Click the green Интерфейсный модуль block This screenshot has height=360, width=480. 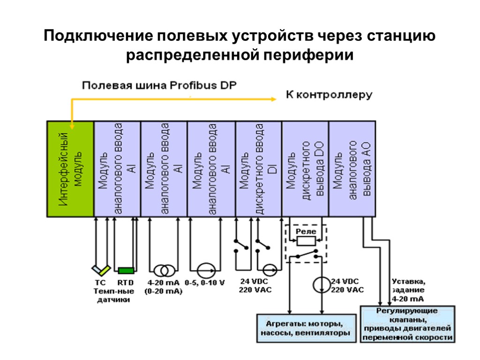coord(70,169)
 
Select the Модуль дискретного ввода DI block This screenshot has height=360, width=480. coord(258,169)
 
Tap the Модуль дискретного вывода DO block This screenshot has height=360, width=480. coord(305,169)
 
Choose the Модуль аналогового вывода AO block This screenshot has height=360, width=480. coord(352,169)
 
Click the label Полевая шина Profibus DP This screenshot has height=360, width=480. coord(160,85)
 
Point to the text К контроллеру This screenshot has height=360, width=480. coord(329,95)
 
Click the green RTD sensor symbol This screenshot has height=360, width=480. coord(126,270)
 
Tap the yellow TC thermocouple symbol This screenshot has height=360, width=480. coord(101,270)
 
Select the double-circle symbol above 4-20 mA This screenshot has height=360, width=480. coord(163,270)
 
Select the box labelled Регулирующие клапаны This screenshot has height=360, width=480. coord(407,324)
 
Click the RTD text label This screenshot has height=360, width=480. coord(125,283)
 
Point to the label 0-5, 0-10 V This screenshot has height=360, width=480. coord(205,283)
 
